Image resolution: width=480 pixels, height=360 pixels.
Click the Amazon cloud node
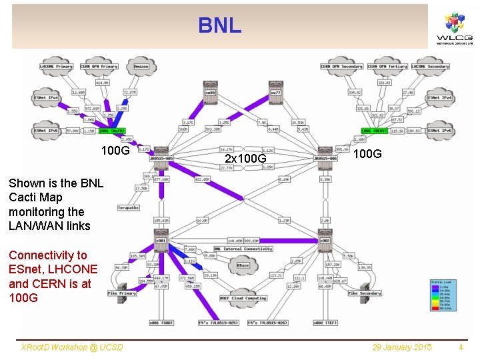pos(141,67)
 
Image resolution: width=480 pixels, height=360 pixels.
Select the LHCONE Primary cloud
pos(57,67)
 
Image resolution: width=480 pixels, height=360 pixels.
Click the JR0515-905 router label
pos(161,159)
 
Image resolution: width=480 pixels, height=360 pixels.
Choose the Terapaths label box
pos(128,208)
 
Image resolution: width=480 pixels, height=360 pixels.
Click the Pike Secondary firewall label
pos(364,293)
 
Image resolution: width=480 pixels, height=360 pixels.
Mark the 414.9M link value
pos(101,83)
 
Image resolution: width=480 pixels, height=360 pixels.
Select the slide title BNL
pos(219,26)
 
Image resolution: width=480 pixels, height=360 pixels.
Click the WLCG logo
pos(454,28)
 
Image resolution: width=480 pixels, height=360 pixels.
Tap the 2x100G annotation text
pos(245,159)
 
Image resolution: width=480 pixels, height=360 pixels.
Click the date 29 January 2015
pos(402,347)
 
